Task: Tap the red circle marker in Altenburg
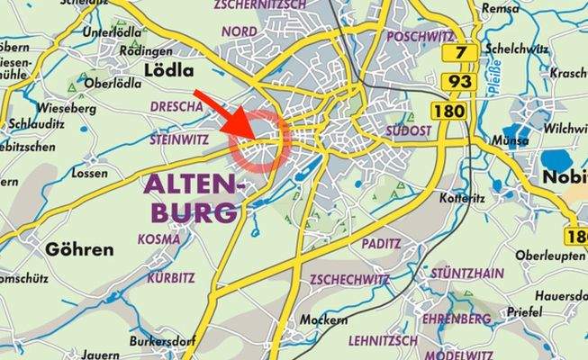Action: [259, 142]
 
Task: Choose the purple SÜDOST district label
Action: [409, 130]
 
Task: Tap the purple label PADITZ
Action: [382, 244]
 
